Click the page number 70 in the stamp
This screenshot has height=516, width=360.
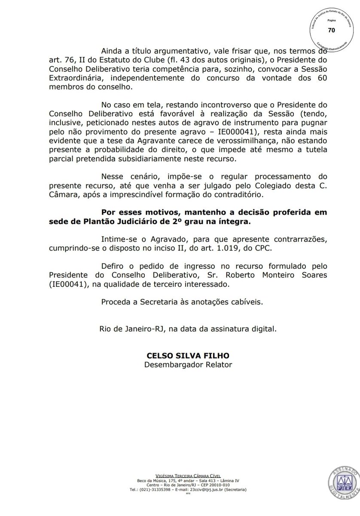click(x=331, y=30)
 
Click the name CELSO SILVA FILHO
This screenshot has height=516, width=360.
click(x=188, y=356)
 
